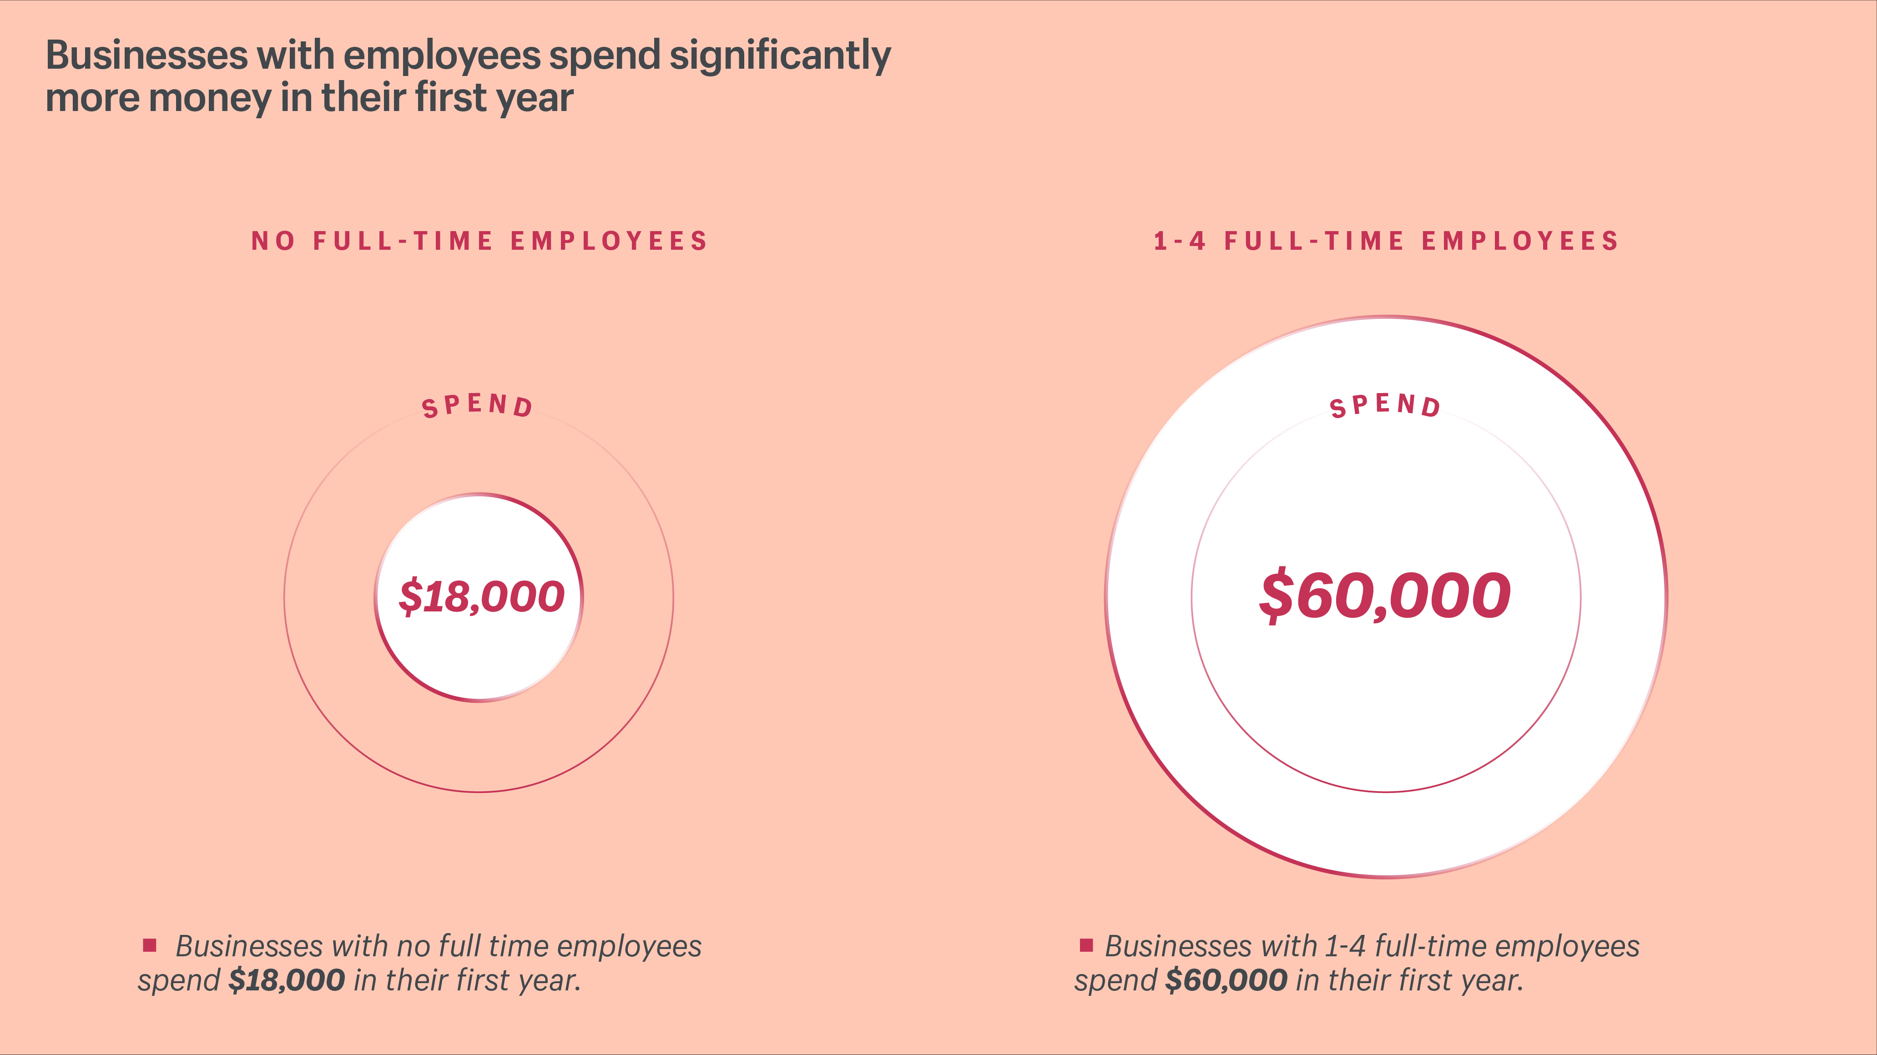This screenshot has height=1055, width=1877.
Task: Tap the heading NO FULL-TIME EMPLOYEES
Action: point(479,241)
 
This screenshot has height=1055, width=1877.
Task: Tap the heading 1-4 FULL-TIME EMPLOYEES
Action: point(1386,241)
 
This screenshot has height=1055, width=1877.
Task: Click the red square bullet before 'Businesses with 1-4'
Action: point(1086,945)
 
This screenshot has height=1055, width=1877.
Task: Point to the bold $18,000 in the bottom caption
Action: point(286,981)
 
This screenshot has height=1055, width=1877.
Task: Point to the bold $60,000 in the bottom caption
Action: point(1226,981)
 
